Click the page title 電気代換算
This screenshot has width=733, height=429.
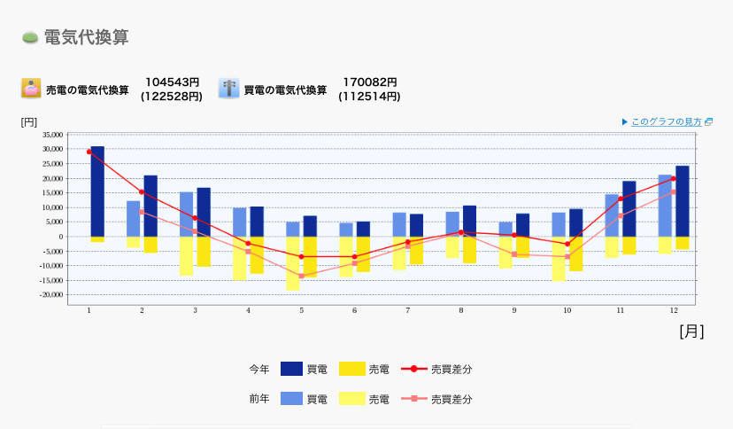[86, 37]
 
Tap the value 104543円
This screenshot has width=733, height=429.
[172, 82]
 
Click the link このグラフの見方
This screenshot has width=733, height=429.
[666, 121]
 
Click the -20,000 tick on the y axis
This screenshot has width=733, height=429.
[51, 294]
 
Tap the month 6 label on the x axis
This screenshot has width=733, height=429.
[354, 310]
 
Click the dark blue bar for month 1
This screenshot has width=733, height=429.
[97, 191]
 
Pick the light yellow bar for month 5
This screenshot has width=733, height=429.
[292, 263]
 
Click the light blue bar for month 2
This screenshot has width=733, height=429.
[134, 218]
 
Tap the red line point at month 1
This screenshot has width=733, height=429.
[89, 152]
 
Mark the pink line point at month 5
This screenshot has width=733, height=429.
[302, 276]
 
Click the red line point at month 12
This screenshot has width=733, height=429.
[674, 178]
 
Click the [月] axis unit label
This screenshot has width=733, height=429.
[691, 331]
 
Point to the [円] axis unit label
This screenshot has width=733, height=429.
[29, 121]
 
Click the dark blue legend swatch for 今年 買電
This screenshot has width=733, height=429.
[292, 369]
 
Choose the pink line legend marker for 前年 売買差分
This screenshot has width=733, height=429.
[414, 399]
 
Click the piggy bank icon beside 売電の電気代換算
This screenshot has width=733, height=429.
[31, 89]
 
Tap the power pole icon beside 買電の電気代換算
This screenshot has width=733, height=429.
[228, 89]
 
